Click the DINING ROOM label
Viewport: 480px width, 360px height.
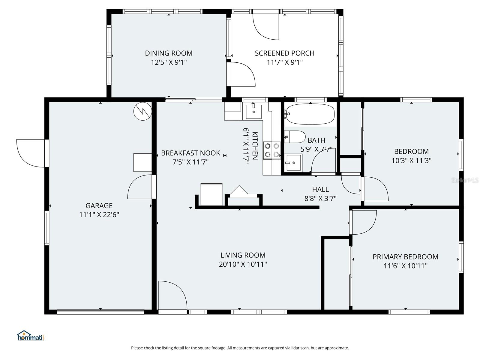coord(169,53)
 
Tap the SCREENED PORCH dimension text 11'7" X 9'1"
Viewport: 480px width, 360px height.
coord(284,63)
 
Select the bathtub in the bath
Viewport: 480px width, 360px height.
coord(310,114)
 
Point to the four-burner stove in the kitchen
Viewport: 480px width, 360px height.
coord(272,150)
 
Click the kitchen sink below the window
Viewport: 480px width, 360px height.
coord(254,112)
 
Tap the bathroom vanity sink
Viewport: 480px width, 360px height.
coord(294,163)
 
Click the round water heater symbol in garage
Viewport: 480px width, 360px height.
coord(142,111)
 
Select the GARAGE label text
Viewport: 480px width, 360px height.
coord(99,206)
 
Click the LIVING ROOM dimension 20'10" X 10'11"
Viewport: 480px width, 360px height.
coord(243,264)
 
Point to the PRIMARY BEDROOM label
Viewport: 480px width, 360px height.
coord(405,257)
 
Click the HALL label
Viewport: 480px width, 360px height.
coord(320,189)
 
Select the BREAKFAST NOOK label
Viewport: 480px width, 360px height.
coord(190,153)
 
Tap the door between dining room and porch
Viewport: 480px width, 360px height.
coord(242,74)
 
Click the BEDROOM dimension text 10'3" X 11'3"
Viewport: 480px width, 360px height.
coord(411,161)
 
